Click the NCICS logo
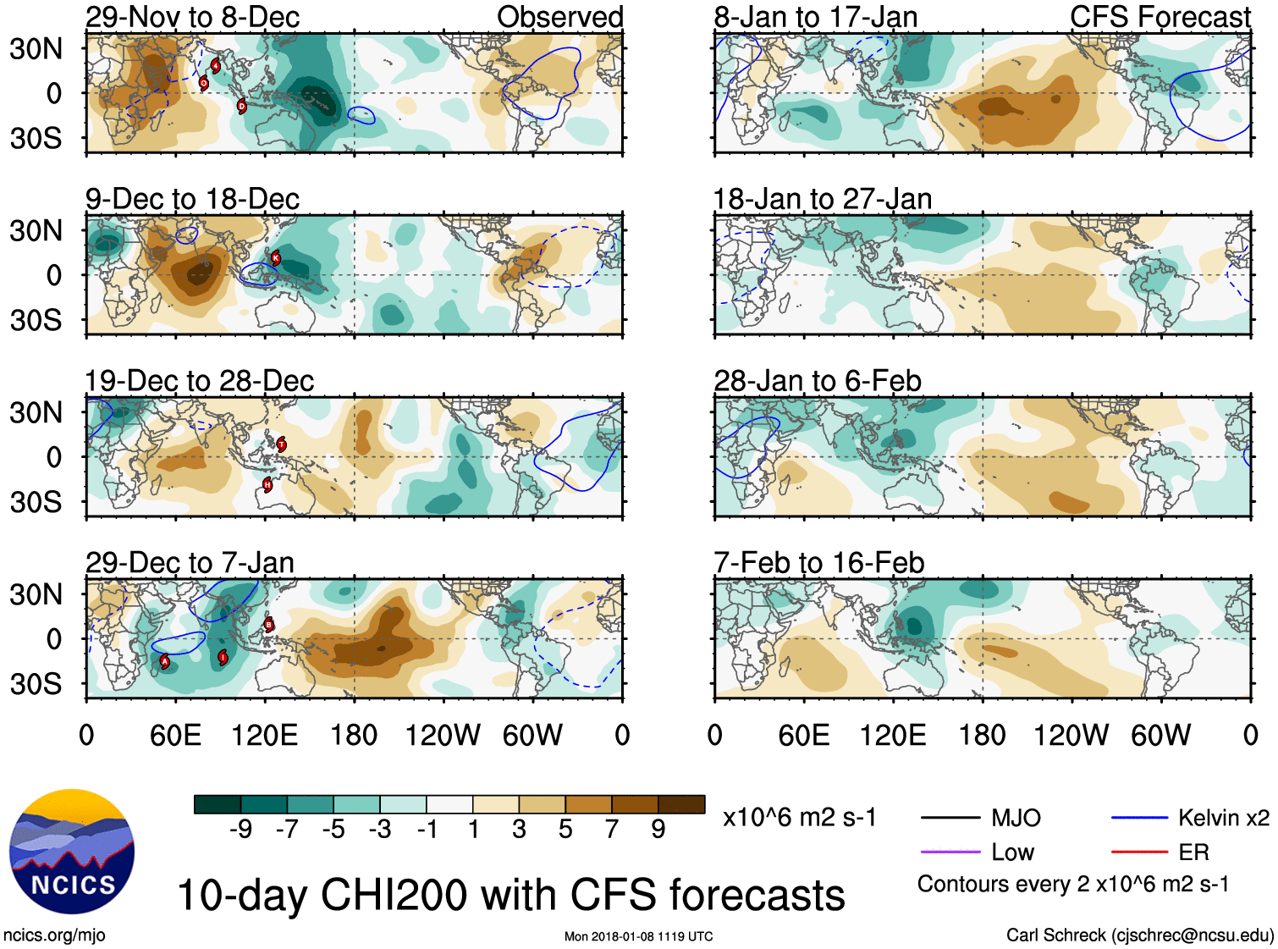click(72, 851)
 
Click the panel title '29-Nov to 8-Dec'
click(192, 17)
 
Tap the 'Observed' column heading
click(559, 17)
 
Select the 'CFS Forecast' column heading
click(1160, 17)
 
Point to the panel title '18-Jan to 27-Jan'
click(822, 199)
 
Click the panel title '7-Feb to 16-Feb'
click(818, 563)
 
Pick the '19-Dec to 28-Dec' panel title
click(199, 381)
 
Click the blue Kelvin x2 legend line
click(1139, 818)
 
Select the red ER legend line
click(1139, 852)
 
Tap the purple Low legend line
click(950, 852)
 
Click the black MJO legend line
click(950, 818)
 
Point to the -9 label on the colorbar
click(240, 829)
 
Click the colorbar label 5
click(565, 829)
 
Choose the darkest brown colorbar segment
click(681, 804)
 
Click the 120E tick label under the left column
click(264, 735)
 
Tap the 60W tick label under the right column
click(1160, 735)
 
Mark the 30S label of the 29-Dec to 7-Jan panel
click(36, 684)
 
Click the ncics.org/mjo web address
click(54, 935)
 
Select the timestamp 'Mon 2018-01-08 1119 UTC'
click(638, 936)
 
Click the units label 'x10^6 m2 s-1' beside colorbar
click(799, 818)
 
